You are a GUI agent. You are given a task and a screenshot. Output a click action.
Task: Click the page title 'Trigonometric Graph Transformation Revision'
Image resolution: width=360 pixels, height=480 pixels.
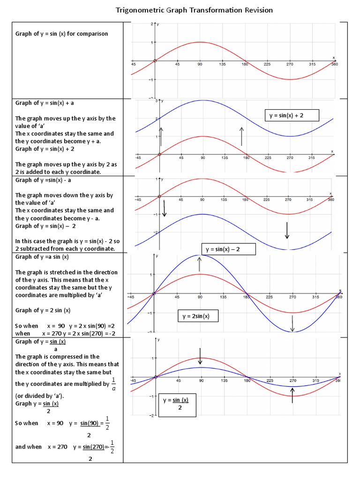194,10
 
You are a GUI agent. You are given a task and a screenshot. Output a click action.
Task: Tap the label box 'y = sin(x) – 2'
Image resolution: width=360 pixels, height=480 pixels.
228,249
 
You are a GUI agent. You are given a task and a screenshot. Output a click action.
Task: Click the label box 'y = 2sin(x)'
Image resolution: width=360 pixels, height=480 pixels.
198,316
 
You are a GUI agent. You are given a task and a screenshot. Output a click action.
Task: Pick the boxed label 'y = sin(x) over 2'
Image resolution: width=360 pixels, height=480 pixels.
177,404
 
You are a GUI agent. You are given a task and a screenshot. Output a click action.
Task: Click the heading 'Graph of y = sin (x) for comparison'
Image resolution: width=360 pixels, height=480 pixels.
61,34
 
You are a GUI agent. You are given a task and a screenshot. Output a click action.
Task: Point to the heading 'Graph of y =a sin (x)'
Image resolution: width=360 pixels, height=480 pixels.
42,257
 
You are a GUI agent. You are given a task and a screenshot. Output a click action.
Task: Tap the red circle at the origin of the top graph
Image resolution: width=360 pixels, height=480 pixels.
155,60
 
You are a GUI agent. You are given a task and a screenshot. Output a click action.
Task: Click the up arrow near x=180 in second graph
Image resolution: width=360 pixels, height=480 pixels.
241,136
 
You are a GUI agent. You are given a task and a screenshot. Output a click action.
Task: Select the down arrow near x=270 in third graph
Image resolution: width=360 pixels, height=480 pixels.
287,230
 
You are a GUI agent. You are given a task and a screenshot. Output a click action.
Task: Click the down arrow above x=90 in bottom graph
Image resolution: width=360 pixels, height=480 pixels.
200,356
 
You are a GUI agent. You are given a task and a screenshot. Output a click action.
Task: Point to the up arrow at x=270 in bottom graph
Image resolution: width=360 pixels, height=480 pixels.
293,395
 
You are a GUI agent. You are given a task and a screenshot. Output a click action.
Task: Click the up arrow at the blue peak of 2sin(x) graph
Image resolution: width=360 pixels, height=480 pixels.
200,264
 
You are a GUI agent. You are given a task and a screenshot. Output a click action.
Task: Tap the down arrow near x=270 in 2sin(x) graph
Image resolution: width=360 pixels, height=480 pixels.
292,323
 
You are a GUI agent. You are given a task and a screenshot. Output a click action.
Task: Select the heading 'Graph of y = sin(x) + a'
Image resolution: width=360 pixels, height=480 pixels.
45,103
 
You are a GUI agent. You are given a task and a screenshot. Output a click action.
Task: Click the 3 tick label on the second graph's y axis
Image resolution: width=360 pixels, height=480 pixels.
156,101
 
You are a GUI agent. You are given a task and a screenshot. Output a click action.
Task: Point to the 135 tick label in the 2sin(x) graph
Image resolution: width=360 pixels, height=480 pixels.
223,297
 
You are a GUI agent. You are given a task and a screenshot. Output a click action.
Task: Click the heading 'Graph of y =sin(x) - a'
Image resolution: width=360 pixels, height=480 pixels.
45,180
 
